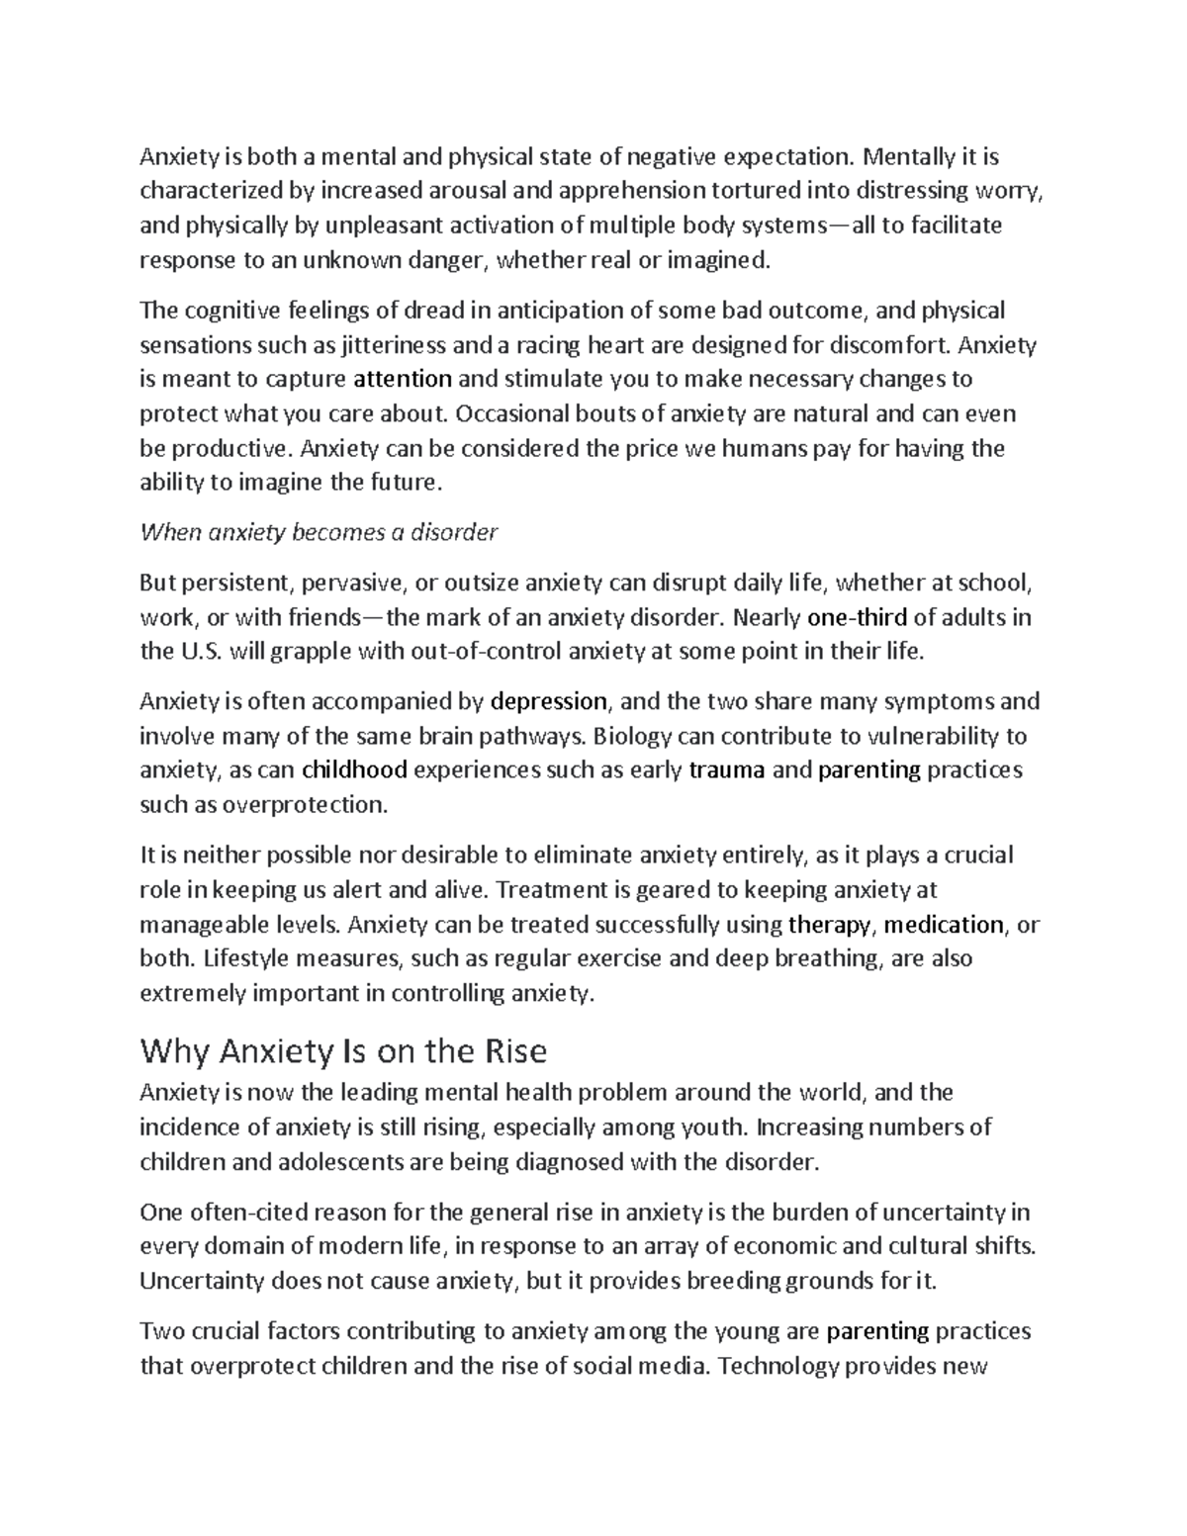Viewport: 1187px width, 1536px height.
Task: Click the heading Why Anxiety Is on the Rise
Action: coord(343,1050)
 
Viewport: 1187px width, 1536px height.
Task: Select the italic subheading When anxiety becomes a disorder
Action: coord(319,533)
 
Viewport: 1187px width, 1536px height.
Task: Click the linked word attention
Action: coord(402,380)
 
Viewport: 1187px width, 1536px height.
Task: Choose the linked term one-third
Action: coord(857,618)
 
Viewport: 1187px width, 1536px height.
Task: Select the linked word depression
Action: coord(548,702)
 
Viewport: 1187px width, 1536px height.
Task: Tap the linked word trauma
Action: coord(725,770)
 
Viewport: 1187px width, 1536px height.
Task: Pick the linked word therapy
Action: coord(831,925)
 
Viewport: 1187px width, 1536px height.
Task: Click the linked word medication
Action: coord(944,925)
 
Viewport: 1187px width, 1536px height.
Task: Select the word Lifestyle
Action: coord(242,958)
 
